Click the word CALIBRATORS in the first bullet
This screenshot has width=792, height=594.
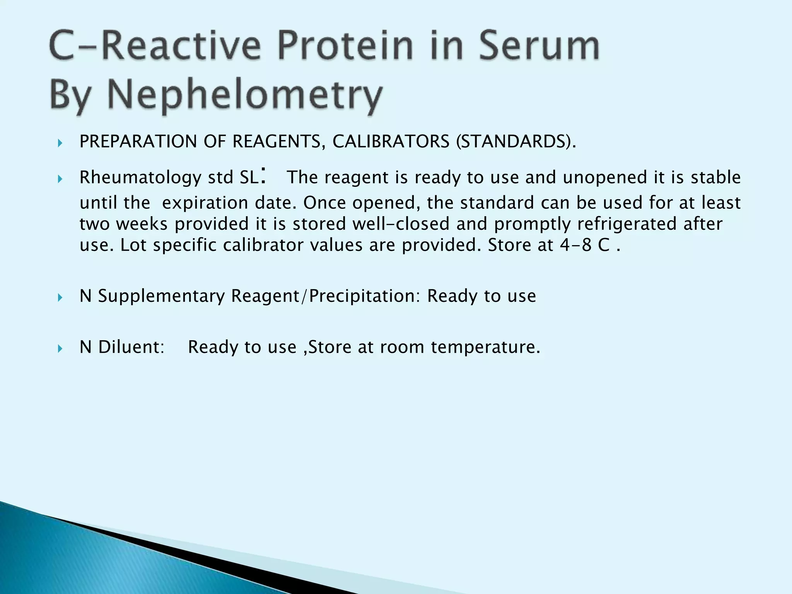(x=391, y=142)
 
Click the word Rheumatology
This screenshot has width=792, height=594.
(x=140, y=178)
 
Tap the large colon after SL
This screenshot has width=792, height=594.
(x=263, y=175)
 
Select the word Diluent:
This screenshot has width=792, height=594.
(x=131, y=347)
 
